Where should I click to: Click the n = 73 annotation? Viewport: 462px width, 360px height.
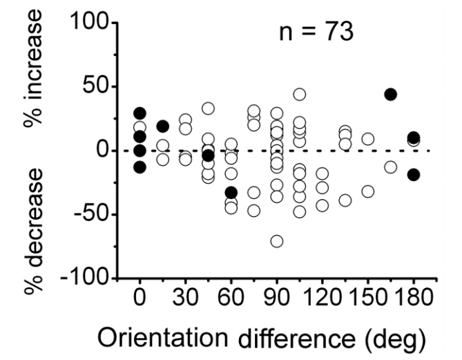click(x=312, y=32)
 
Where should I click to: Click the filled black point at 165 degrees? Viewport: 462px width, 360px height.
click(x=390, y=95)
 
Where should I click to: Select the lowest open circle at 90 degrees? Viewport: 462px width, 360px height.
click(x=277, y=241)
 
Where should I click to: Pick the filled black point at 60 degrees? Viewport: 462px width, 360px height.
click(x=231, y=193)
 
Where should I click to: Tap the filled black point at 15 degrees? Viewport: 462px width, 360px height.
click(x=163, y=126)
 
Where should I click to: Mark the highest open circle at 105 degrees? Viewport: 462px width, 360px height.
click(x=300, y=95)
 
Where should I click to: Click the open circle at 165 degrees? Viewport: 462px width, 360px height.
click(x=390, y=167)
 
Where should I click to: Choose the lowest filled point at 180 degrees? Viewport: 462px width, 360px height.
click(x=413, y=175)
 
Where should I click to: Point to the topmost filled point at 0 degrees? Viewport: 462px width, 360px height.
click(x=140, y=113)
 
